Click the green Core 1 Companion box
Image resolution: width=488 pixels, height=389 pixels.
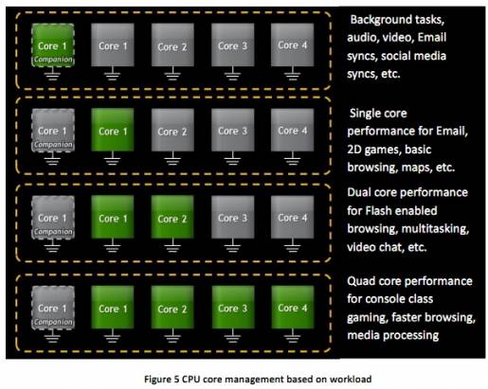(53, 45)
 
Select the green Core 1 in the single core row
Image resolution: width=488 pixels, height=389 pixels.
(113, 130)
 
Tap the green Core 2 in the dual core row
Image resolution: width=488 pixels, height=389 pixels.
(172, 217)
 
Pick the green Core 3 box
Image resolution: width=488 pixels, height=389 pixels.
(233, 308)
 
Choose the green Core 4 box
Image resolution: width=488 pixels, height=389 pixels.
(293, 308)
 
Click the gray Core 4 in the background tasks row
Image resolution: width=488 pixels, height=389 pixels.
(293, 44)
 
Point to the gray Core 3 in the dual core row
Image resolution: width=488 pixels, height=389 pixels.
(233, 217)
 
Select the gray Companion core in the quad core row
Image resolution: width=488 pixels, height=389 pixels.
(53, 308)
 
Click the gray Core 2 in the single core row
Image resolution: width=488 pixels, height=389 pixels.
(172, 130)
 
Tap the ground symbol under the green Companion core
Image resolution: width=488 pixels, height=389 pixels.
(52, 74)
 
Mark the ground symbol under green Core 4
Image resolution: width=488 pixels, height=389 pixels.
(293, 336)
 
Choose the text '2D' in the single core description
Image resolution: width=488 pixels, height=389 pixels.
(354, 149)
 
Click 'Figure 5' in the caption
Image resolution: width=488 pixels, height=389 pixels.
(161, 379)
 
